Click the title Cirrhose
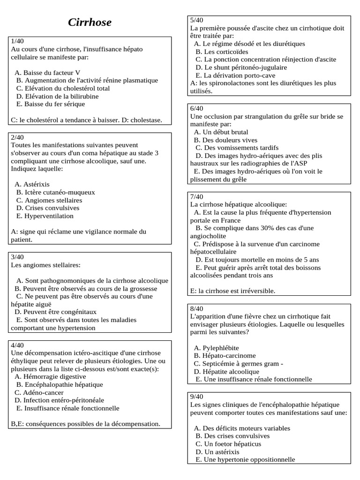point(90,22)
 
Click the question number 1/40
point(18,41)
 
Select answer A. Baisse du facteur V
point(47,73)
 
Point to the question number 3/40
point(17,256)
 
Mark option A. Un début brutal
point(221,132)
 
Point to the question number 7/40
point(197,196)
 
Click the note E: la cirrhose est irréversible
point(233,291)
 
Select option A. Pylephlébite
point(216,347)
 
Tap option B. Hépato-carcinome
point(225,355)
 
